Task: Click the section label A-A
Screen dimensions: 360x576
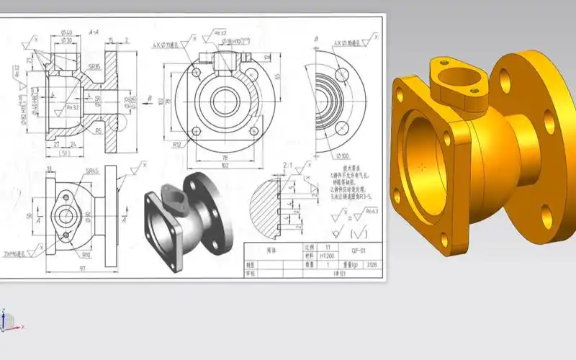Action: click(x=94, y=32)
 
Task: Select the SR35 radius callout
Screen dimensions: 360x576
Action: click(x=94, y=65)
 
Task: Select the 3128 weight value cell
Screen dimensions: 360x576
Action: click(x=372, y=264)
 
